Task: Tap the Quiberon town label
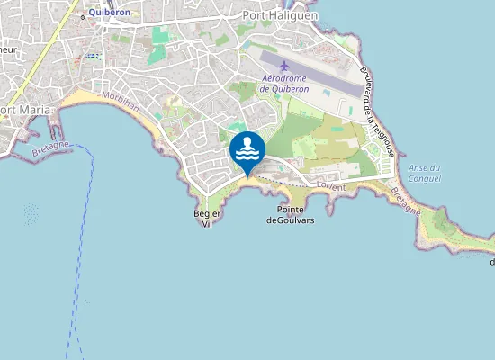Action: click(x=111, y=13)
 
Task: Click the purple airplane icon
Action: click(x=285, y=66)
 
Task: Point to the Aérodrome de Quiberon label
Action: click(x=283, y=84)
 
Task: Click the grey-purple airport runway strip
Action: click(x=315, y=77)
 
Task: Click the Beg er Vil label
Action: click(x=207, y=219)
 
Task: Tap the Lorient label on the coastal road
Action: click(x=331, y=185)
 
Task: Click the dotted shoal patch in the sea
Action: click(x=31, y=214)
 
